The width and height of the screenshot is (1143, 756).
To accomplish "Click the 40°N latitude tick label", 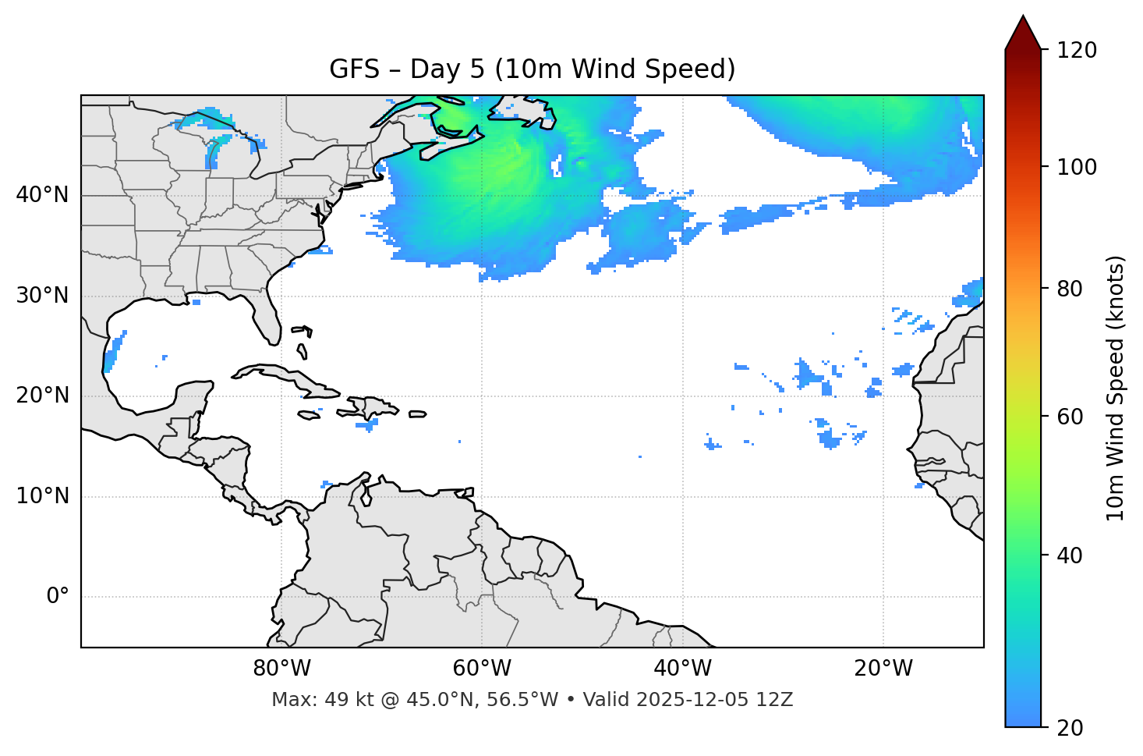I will click(x=42, y=195).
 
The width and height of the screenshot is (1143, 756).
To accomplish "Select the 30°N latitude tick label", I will click(x=42, y=296).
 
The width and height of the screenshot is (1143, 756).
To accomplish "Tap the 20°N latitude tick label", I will click(x=42, y=396).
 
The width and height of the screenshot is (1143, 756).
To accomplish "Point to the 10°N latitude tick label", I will click(x=42, y=496).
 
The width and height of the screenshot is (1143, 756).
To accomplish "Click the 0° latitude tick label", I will click(x=57, y=597).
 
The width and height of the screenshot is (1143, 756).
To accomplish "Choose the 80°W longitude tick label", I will click(x=281, y=669).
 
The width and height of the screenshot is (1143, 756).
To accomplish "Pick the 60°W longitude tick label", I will click(x=482, y=669).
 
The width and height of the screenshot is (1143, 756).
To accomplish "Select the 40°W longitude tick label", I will click(x=682, y=669).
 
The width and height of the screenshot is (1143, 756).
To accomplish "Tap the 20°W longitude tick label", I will click(x=883, y=669).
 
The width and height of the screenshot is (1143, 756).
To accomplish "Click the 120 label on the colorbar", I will click(x=1077, y=51).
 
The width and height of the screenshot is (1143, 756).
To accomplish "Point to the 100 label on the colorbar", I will click(x=1077, y=167).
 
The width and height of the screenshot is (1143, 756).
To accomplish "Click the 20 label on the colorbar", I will click(x=1070, y=728).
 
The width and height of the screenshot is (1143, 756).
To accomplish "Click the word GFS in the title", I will click(x=354, y=69).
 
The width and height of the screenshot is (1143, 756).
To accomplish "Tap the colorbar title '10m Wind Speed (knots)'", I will click(x=1116, y=388).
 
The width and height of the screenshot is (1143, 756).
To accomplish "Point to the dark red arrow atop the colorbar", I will click(x=1023, y=33).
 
